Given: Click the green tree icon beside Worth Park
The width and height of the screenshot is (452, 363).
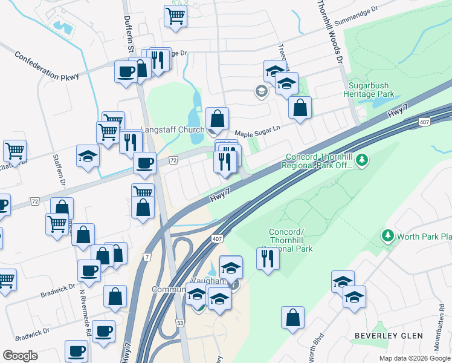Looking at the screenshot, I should pyautogui.click(x=387, y=235).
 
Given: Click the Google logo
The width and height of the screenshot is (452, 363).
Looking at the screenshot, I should pyautogui.click(x=20, y=356).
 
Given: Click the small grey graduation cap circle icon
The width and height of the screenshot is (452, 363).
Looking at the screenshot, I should pyautogui.click(x=262, y=92).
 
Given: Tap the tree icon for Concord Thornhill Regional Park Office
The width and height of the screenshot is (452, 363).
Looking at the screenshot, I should pyautogui.click(x=362, y=160).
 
